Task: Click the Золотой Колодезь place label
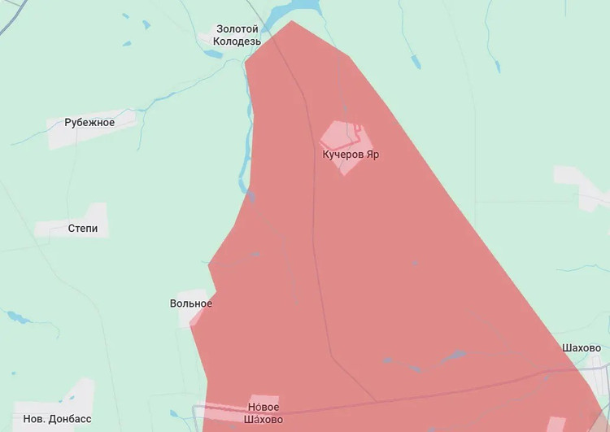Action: point(237,34)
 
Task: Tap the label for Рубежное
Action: point(89,123)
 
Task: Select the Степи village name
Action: point(82,229)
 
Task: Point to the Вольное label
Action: point(191,303)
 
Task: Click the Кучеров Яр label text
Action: point(351,154)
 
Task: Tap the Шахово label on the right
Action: point(581,347)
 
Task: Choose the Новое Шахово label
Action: point(264,413)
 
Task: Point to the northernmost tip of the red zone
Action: point(292,21)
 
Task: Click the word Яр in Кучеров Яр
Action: point(372,154)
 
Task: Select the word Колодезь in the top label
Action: point(237,40)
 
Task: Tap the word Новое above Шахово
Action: point(264,407)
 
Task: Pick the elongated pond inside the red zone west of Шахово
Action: point(452,356)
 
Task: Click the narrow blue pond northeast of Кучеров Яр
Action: point(415,62)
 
